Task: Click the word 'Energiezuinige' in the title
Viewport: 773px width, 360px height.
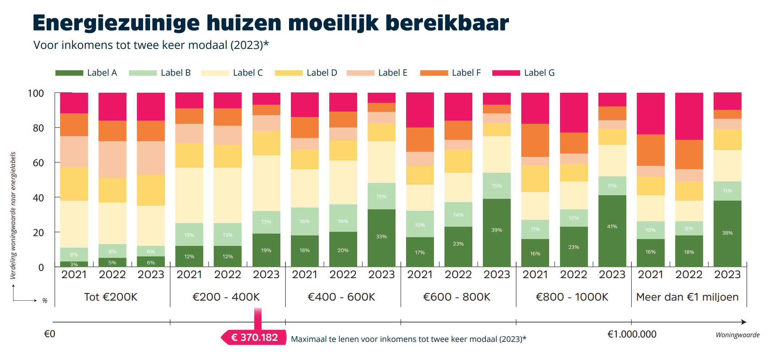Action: (116, 23)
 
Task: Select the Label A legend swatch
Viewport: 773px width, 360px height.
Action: (69, 73)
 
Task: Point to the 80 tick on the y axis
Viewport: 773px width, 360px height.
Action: (38, 128)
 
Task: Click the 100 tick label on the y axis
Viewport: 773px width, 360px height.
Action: (36, 93)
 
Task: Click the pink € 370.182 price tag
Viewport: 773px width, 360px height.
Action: (254, 337)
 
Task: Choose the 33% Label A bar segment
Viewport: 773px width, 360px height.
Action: (381, 238)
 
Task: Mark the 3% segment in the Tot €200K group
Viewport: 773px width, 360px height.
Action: (74, 264)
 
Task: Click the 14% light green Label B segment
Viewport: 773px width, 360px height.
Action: (458, 214)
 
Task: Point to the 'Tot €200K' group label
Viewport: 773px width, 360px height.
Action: (111, 297)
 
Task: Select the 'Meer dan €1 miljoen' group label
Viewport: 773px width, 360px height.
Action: (687, 297)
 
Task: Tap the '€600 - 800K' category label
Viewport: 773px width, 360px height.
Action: (456, 297)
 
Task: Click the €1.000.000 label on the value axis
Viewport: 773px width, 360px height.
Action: (632, 334)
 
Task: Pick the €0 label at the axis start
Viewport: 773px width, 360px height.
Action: (50, 334)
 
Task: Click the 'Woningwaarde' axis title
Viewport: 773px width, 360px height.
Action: (738, 335)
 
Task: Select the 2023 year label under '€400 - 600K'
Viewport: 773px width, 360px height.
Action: (381, 275)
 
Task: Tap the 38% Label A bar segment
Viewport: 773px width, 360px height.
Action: (727, 233)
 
